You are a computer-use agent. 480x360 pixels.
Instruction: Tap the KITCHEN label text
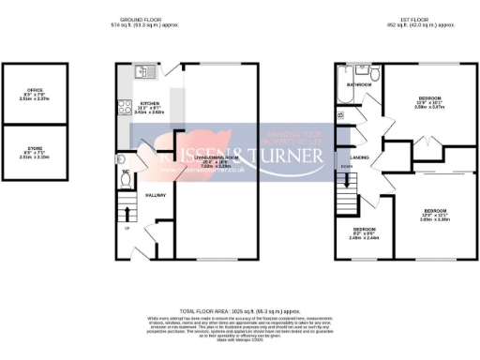coord(148,103)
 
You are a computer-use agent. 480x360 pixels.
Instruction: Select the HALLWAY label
coord(155,195)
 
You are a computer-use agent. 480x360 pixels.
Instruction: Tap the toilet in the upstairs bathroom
coord(373,73)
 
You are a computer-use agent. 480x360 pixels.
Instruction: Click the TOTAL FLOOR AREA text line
coord(239,308)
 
